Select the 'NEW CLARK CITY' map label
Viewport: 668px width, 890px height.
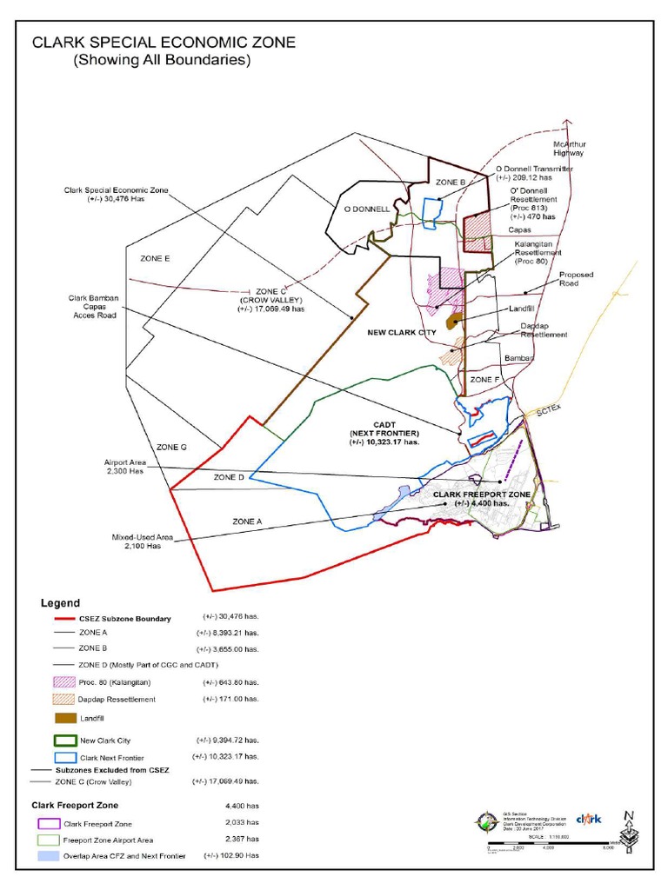[401, 332]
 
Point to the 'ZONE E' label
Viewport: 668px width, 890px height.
[154, 259]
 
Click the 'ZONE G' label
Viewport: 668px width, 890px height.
[172, 447]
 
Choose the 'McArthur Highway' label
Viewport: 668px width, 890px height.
[569, 148]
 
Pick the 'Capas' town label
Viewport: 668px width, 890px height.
[521, 231]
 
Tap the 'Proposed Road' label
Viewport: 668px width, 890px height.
[575, 278]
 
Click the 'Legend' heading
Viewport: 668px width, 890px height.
[60, 602]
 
